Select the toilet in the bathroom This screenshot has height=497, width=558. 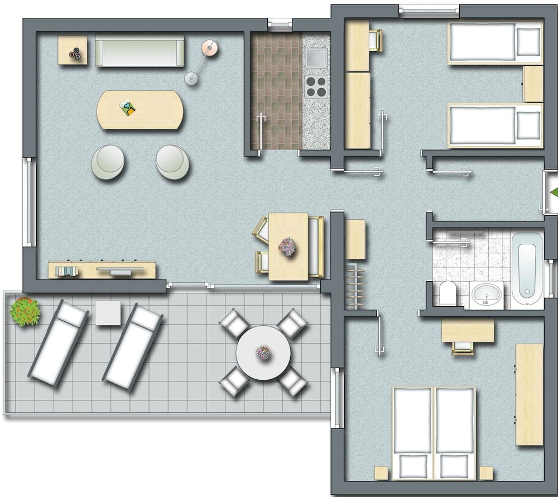pos(448,293)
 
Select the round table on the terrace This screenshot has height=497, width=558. pos(263,353)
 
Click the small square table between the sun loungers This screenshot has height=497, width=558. pos(108,313)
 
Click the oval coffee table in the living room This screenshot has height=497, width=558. pos(140,110)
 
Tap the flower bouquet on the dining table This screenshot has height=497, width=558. pos(287,246)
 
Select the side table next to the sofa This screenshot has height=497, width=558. pos(73,50)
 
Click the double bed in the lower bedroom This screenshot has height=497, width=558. pos(434,432)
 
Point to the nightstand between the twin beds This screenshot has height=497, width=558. pos(533,84)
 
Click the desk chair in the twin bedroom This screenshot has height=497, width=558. pos(375,40)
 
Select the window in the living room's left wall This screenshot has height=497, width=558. pos(28,202)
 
